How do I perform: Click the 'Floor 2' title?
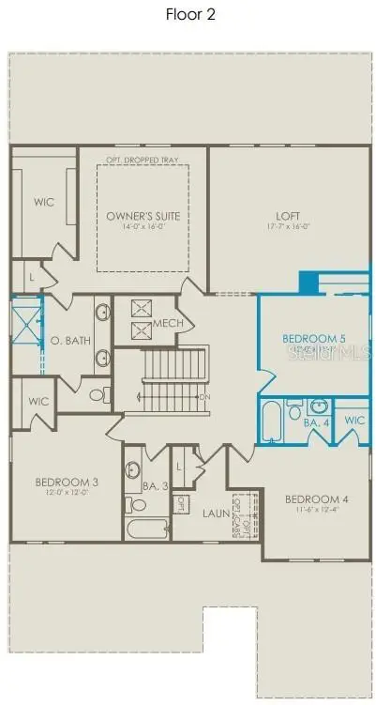click(188, 14)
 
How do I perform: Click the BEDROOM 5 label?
click(315, 337)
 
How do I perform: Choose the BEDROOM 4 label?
click(316, 498)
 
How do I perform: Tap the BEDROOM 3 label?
click(67, 483)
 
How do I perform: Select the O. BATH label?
click(70, 340)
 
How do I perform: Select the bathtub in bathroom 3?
click(146, 529)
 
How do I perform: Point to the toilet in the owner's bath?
click(96, 394)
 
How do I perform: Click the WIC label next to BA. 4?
click(354, 420)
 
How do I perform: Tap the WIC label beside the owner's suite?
click(42, 200)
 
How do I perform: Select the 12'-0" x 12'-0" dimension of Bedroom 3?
click(67, 495)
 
